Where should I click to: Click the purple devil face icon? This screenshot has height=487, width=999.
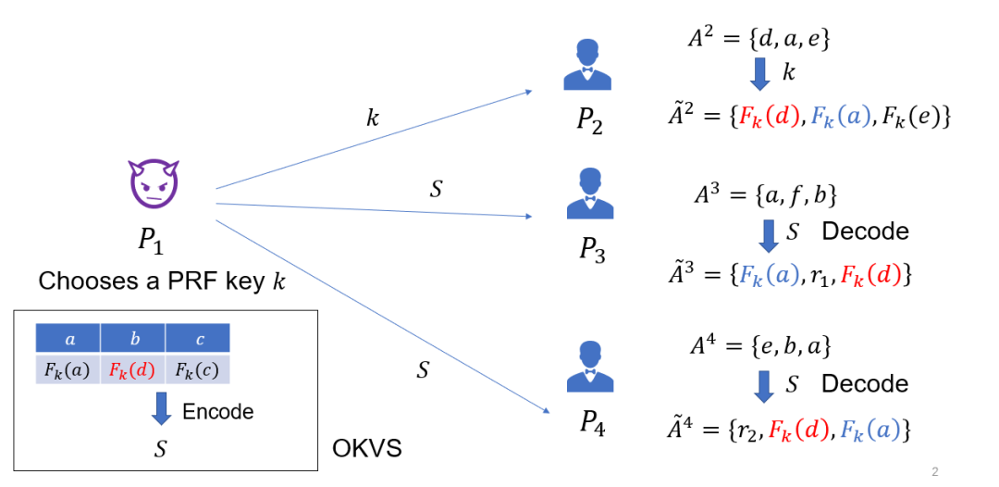(154, 182)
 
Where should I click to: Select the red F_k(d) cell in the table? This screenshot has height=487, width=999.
(132, 369)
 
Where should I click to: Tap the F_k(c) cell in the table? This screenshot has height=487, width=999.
(197, 369)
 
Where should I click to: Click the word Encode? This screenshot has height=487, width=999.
(218, 410)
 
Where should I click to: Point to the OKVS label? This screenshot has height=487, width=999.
(366, 451)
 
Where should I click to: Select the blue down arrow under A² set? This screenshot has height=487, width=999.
(760, 72)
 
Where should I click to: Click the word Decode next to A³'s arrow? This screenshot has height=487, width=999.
(865, 231)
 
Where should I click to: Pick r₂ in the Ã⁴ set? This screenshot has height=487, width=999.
(746, 430)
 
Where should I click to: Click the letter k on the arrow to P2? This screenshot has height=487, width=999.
(373, 118)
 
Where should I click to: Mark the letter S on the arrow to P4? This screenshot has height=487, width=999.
(423, 370)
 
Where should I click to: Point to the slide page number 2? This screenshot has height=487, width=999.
(935, 472)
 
